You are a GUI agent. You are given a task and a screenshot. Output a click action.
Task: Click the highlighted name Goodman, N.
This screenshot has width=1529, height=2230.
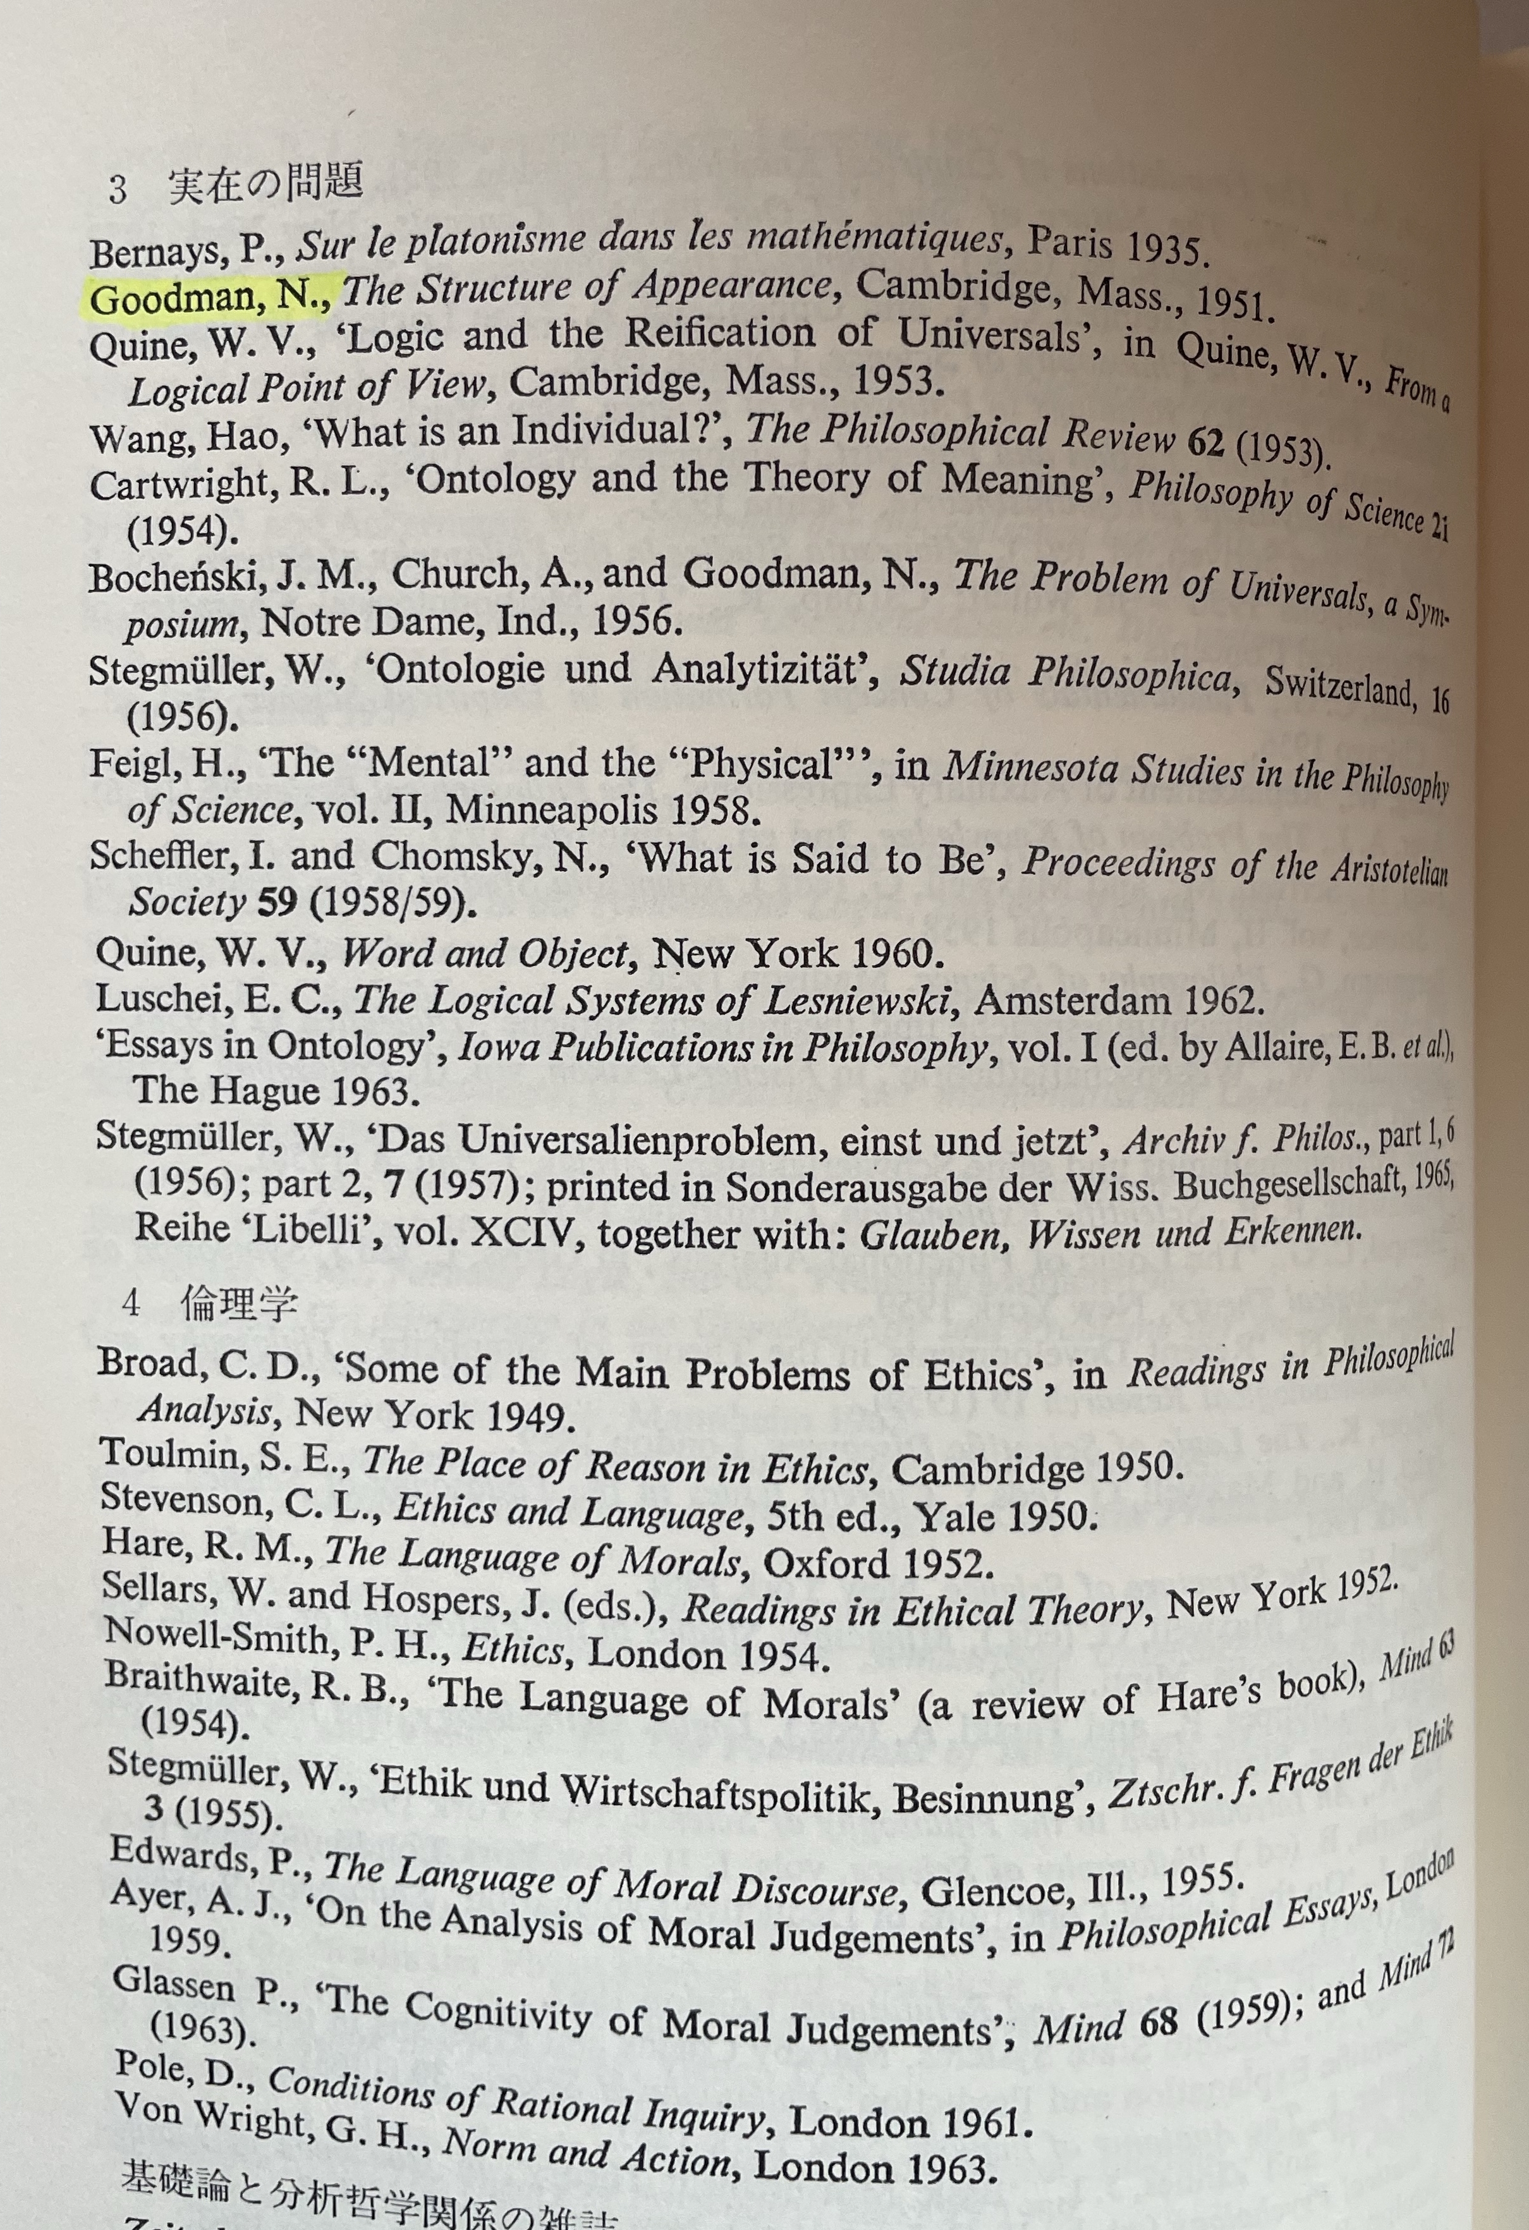coord(209,298)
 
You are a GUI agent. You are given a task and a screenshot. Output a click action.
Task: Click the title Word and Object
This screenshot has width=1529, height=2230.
coord(485,953)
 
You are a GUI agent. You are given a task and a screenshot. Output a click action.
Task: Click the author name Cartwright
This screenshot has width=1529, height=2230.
coord(183,485)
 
